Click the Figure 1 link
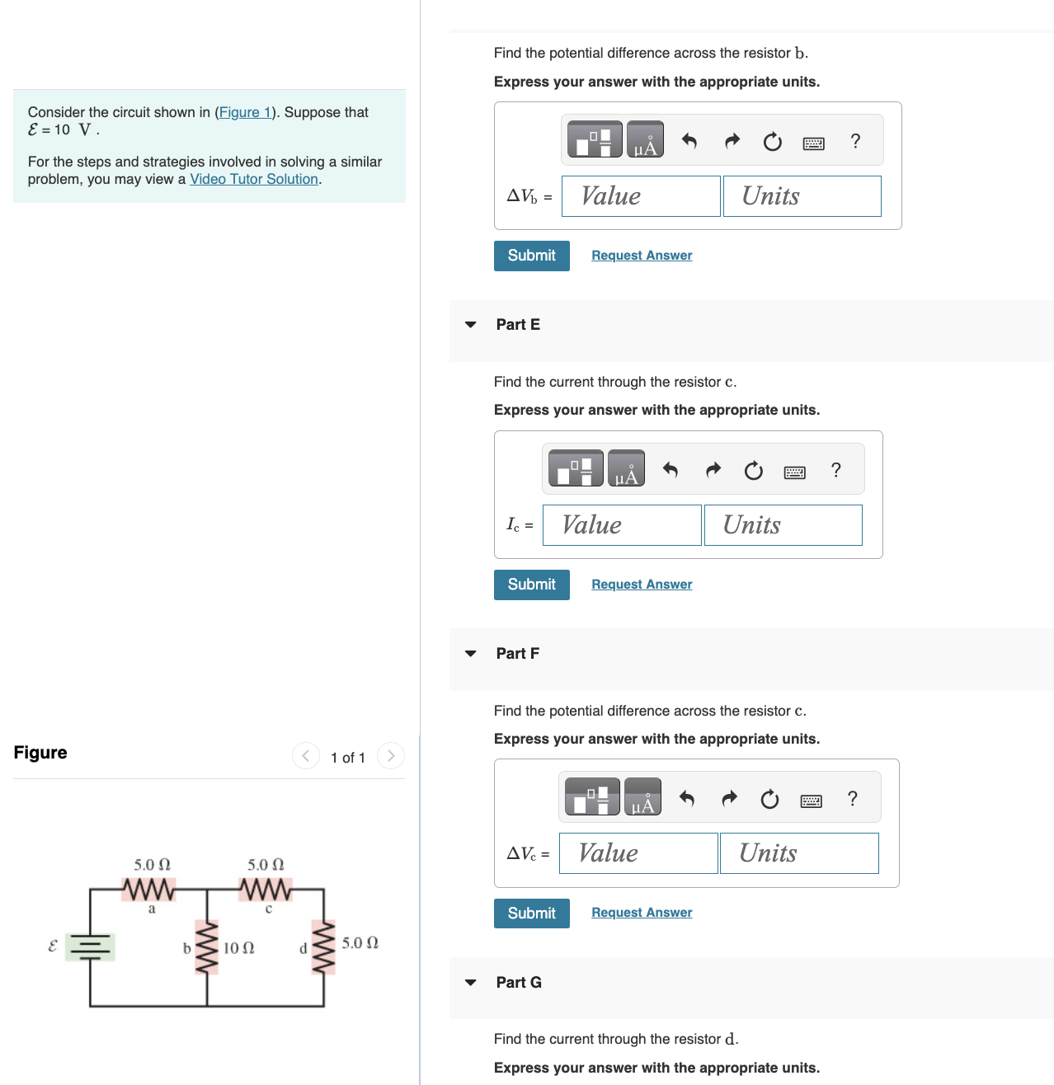click(244, 112)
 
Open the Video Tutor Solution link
click(254, 179)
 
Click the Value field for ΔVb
click(641, 196)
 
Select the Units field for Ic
click(783, 525)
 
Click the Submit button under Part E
click(531, 585)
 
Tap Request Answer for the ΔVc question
click(642, 913)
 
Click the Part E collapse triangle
click(471, 325)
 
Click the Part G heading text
click(519, 982)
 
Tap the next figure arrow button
click(391, 755)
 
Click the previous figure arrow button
click(306, 755)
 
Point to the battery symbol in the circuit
click(90, 946)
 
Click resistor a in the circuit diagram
click(149, 890)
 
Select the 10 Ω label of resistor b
click(239, 948)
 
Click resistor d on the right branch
click(323, 947)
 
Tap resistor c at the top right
click(265, 890)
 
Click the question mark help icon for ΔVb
click(855, 142)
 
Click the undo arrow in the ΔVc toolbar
click(686, 799)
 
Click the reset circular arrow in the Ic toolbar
click(753, 471)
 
